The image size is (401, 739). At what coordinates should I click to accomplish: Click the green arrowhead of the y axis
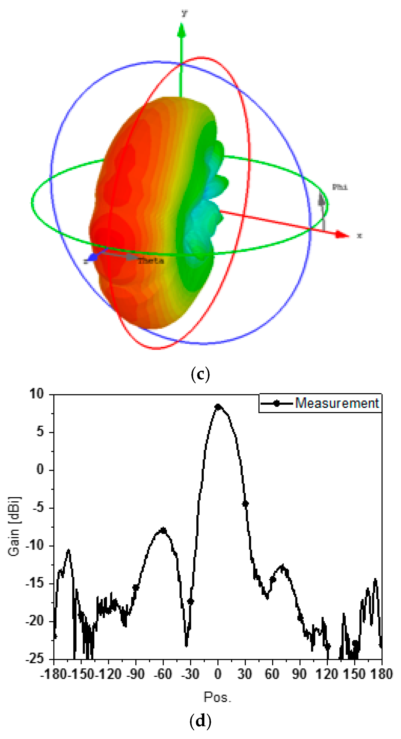(181, 31)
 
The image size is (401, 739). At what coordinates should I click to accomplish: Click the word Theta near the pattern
(151, 261)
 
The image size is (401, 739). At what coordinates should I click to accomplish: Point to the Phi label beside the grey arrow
(340, 187)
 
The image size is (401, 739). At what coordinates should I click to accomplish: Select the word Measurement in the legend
(337, 403)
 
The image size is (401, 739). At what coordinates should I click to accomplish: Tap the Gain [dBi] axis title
(14, 526)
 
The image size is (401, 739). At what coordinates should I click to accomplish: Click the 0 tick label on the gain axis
(41, 469)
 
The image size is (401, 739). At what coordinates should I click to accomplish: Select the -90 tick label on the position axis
(136, 674)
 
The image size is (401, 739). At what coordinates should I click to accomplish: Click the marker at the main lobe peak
(218, 407)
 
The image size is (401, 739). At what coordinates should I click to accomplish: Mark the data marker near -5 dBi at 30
(245, 504)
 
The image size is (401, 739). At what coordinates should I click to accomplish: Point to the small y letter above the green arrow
(184, 13)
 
